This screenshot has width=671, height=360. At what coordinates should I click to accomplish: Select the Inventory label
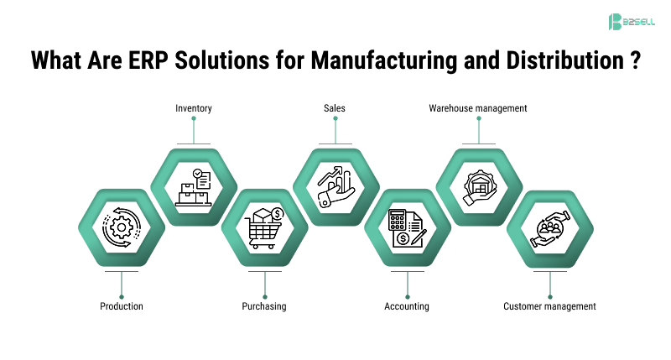[193, 108]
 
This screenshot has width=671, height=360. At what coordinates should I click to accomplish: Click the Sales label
[335, 108]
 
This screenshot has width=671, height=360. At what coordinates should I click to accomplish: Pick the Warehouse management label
[477, 108]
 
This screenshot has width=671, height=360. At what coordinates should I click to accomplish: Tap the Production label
[122, 306]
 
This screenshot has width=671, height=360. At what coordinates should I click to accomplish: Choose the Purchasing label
[264, 306]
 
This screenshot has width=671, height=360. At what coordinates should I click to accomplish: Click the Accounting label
[407, 306]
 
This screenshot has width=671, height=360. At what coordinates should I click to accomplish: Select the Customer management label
[549, 306]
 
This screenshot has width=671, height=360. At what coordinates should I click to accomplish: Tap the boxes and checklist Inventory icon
[193, 187]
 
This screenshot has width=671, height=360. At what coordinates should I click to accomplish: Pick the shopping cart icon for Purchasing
[264, 227]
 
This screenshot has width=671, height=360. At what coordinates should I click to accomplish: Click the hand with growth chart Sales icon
[335, 187]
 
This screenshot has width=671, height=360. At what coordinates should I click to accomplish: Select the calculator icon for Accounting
[407, 227]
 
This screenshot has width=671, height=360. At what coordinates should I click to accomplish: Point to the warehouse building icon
[478, 187]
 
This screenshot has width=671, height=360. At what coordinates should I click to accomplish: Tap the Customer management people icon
[549, 227]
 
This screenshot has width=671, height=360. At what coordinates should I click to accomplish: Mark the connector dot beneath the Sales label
[335, 119]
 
